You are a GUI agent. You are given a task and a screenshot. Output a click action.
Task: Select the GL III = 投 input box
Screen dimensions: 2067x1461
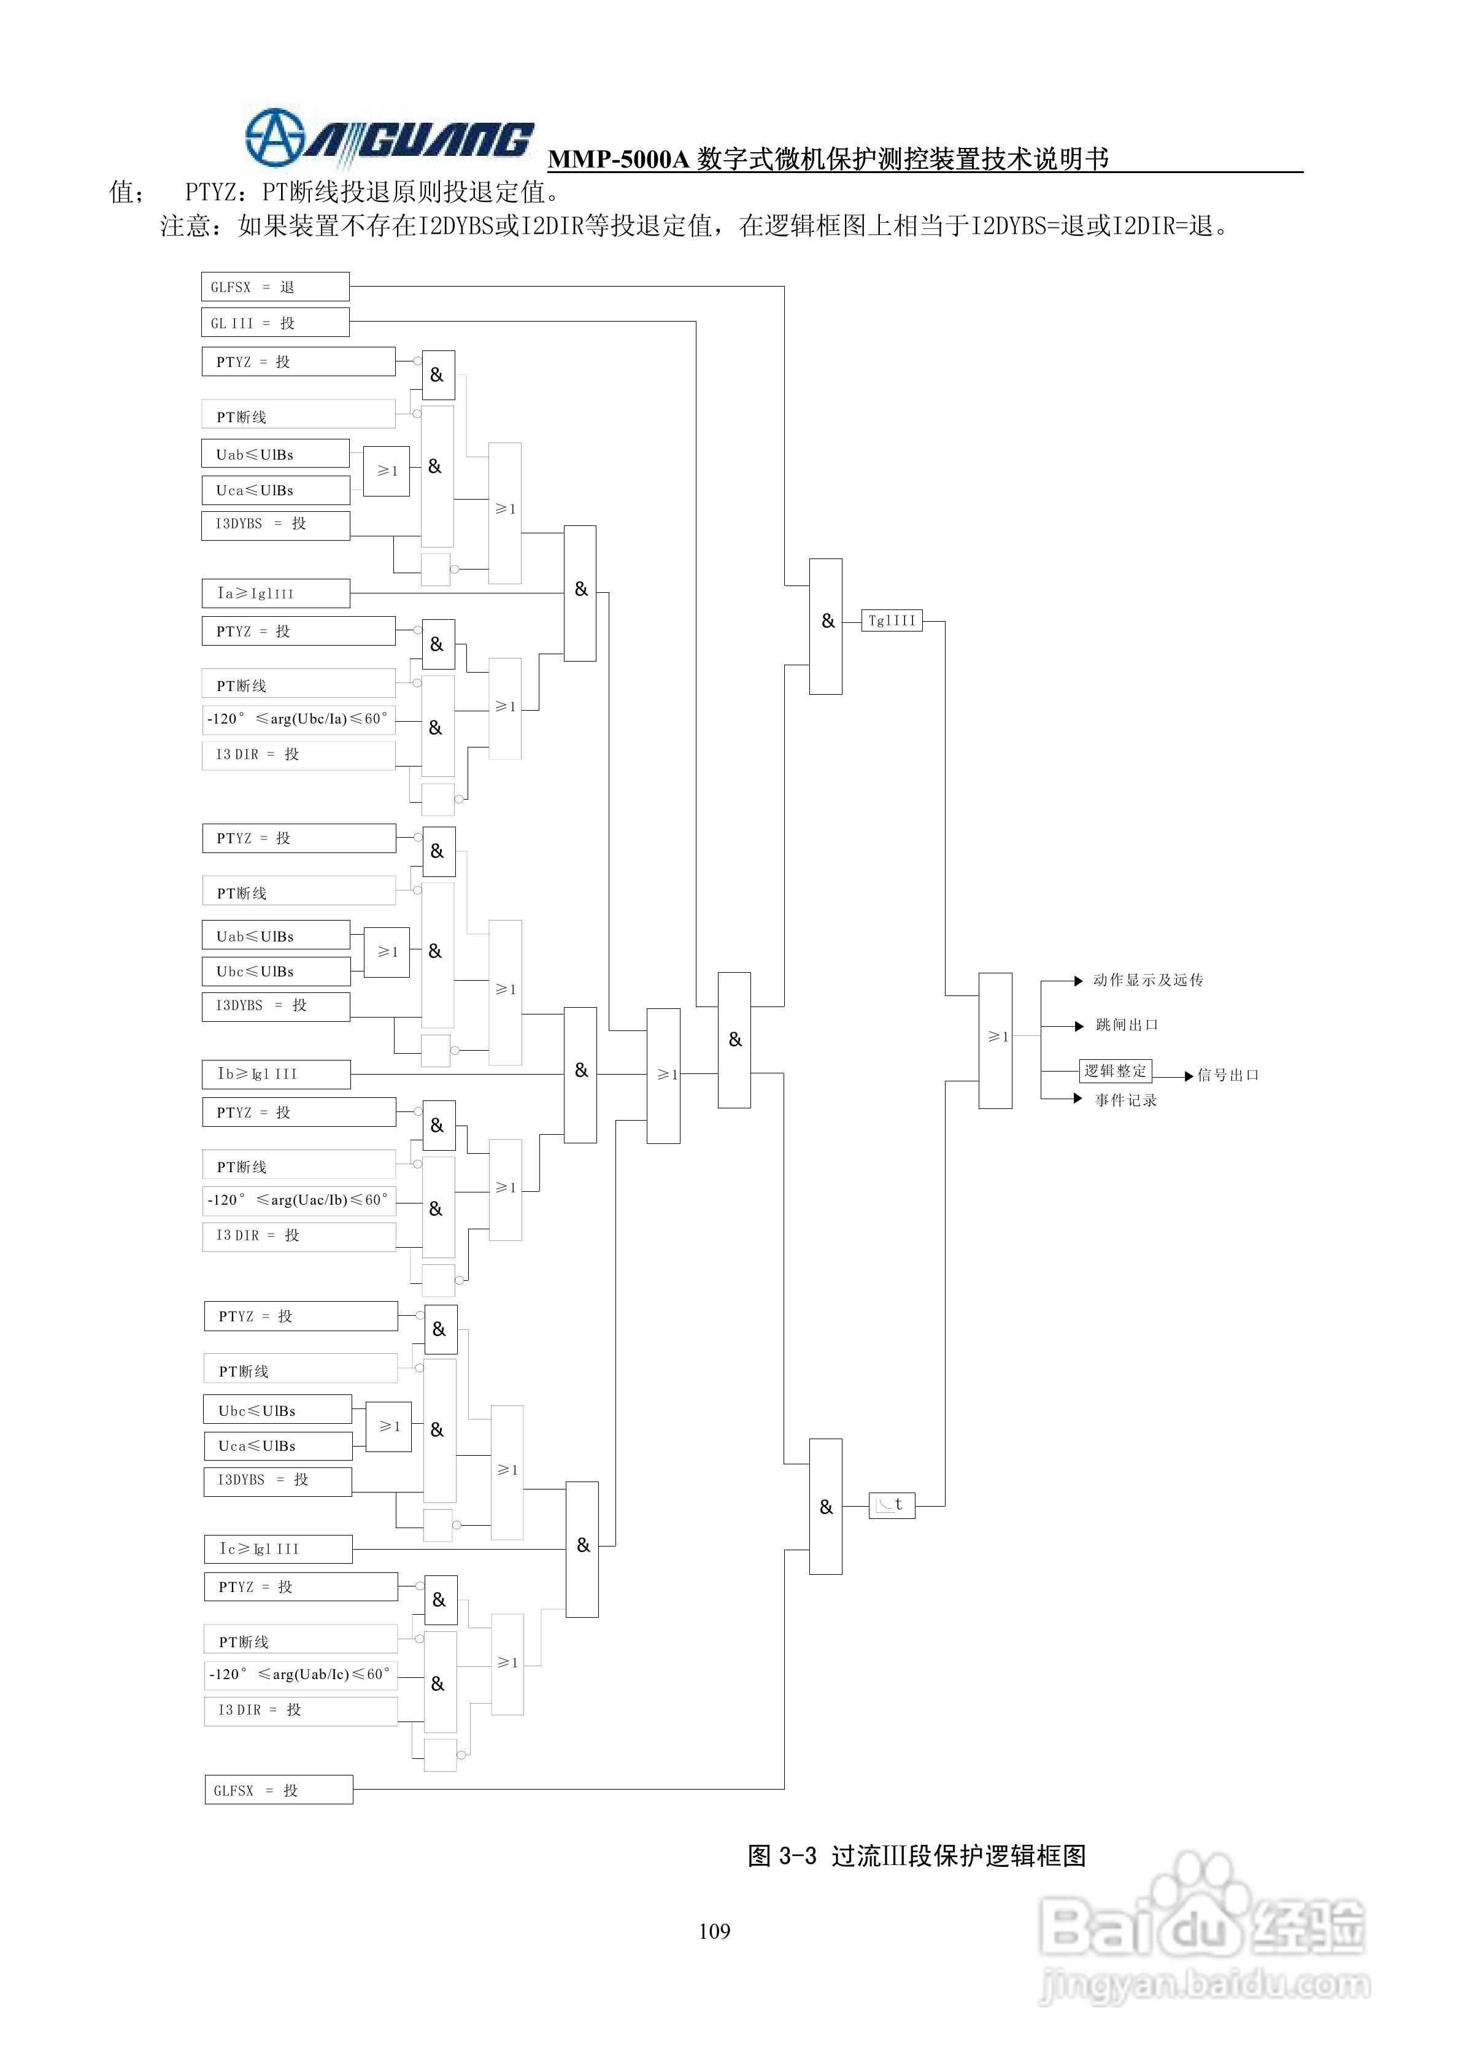pos(274,322)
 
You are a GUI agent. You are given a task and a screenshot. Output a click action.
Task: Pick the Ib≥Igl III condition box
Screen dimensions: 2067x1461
pos(276,1074)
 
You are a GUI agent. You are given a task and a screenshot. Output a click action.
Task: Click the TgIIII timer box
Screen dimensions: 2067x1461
pos(891,620)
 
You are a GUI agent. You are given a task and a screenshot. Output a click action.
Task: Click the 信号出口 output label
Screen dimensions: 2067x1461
pos(1227,1075)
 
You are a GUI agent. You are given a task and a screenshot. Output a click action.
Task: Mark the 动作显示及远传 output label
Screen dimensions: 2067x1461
pos(1147,980)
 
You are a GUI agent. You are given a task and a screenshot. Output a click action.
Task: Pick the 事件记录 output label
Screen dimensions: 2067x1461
pos(1125,1100)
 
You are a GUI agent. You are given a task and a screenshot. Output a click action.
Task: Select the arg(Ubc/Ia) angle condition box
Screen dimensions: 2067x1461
pos(299,719)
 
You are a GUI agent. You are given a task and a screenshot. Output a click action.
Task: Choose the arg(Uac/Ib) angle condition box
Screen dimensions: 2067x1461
pos(299,1200)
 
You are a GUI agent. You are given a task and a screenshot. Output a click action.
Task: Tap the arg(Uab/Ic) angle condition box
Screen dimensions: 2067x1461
pos(301,1674)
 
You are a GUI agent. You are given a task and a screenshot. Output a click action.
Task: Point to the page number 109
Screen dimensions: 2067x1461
pos(714,1931)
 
